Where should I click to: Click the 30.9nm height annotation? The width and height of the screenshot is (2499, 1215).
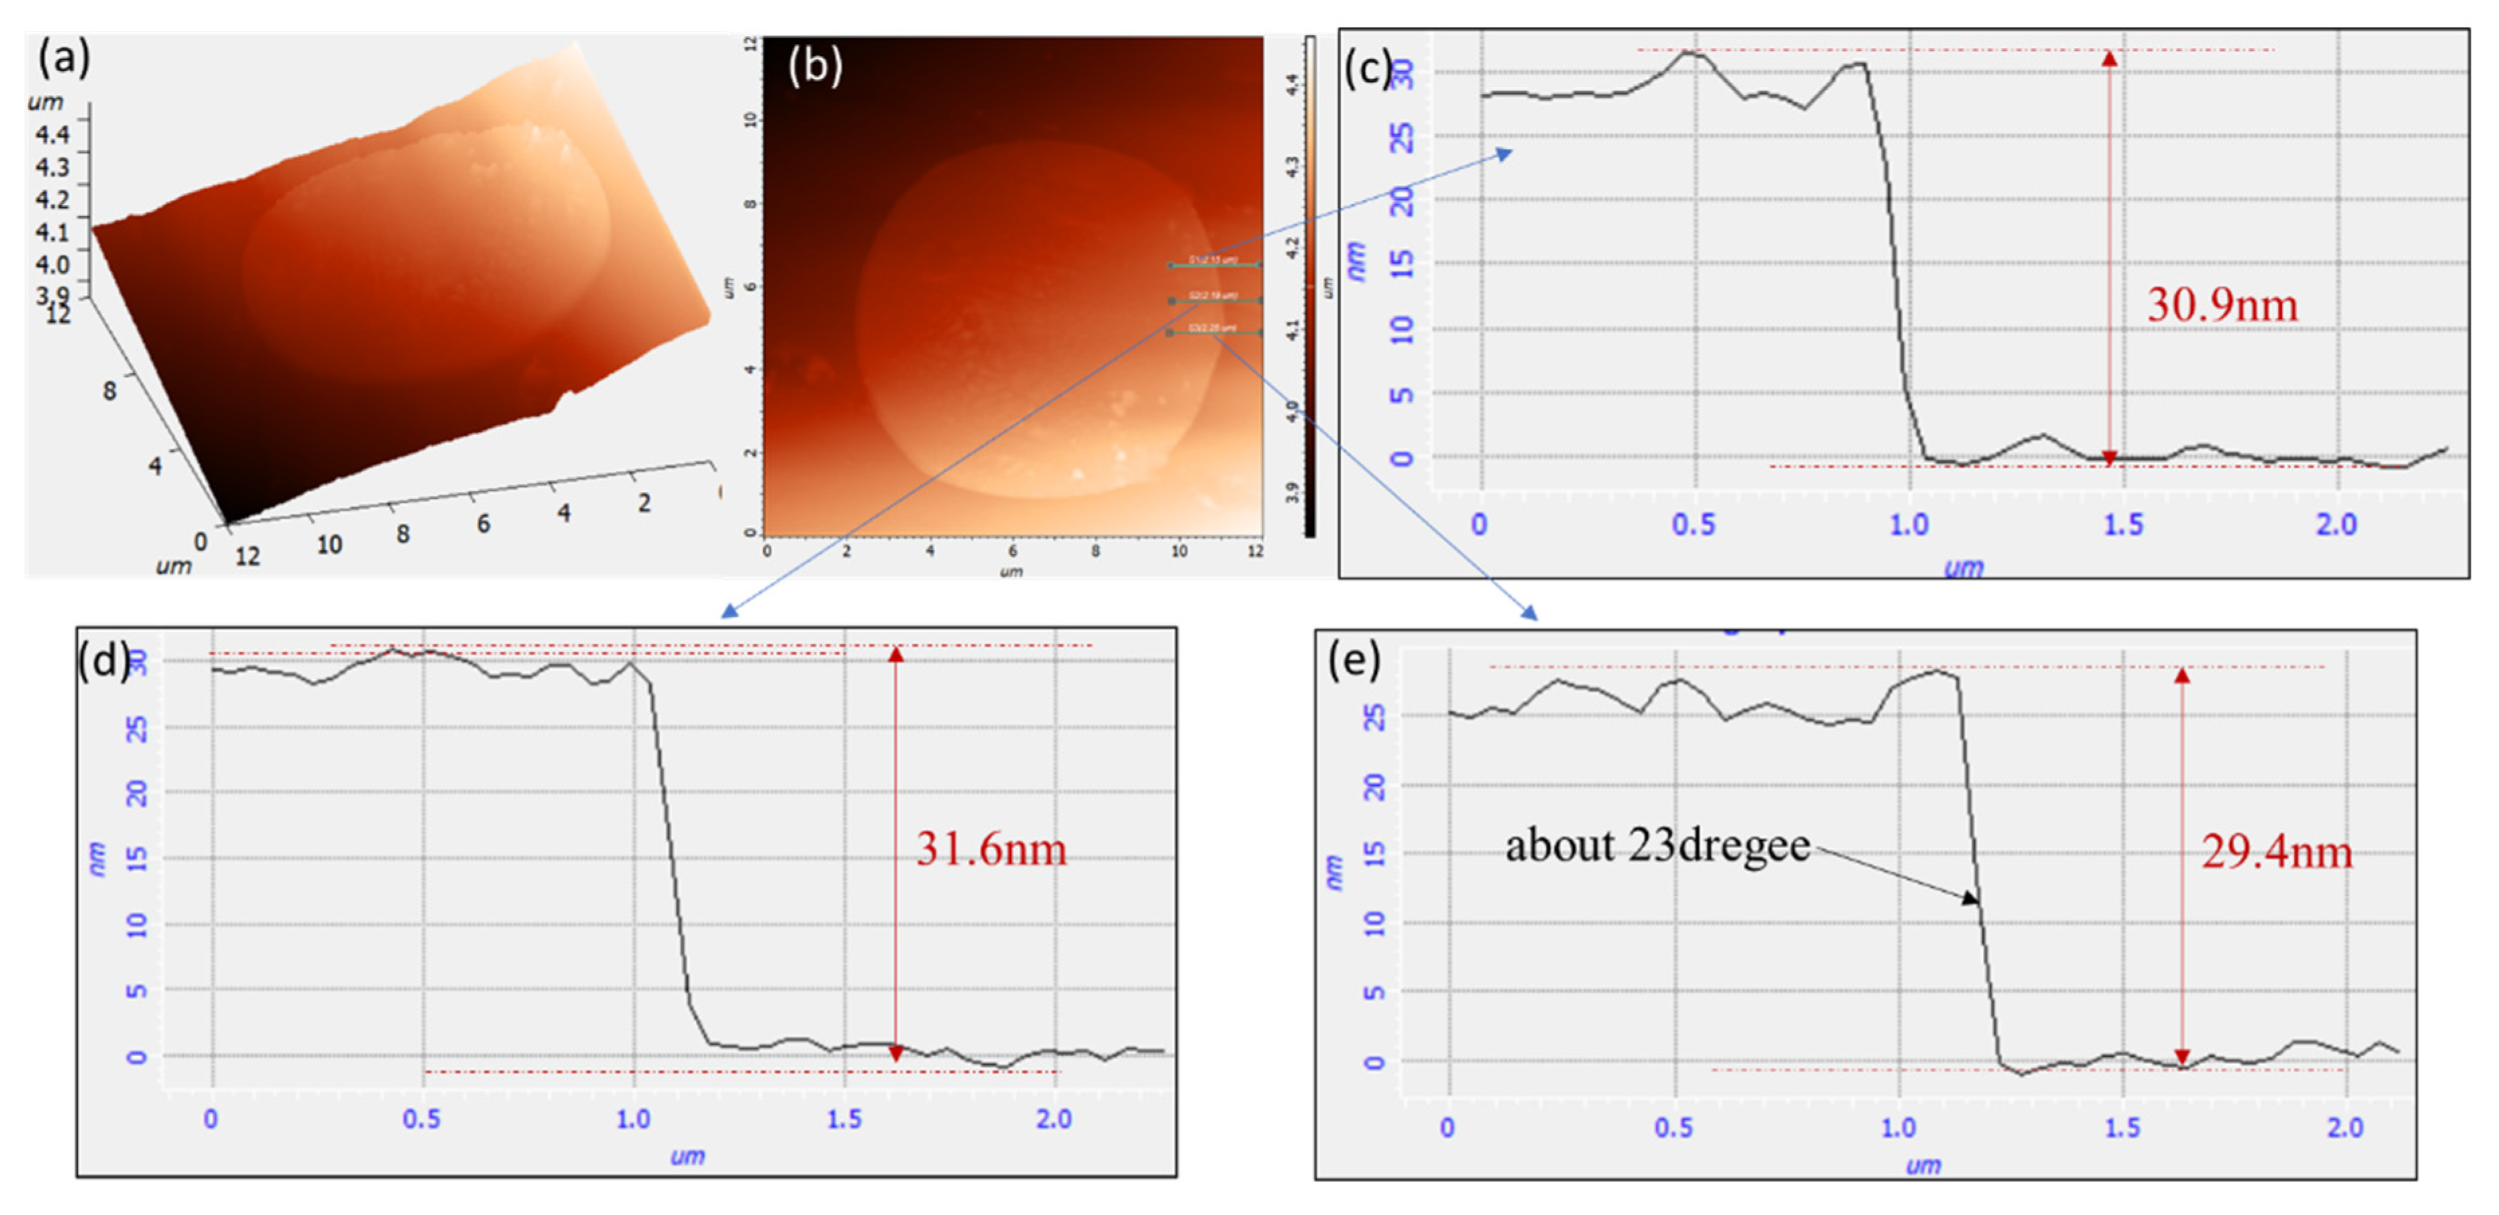point(2221,304)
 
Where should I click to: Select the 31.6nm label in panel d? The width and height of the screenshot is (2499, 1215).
point(991,849)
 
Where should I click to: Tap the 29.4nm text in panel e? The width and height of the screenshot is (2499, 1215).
point(2276,852)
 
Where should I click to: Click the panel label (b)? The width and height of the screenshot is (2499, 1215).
point(815,65)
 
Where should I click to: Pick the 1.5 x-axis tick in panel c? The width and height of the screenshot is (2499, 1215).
point(2122,525)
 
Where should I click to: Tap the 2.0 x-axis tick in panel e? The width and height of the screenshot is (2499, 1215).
point(2345,1128)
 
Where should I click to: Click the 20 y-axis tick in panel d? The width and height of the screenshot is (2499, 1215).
point(137,794)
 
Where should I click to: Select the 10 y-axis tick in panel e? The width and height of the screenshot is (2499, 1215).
point(1374,923)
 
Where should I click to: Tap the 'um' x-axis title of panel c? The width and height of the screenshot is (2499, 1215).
point(1963,567)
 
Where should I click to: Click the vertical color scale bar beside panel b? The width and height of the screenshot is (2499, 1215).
point(1310,286)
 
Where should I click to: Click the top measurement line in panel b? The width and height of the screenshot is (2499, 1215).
point(1215,264)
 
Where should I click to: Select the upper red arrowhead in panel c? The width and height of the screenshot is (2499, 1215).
point(2109,58)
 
